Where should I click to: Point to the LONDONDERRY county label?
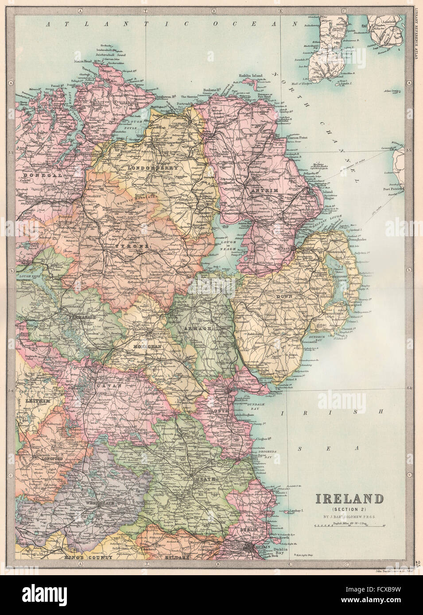point(153,169)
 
